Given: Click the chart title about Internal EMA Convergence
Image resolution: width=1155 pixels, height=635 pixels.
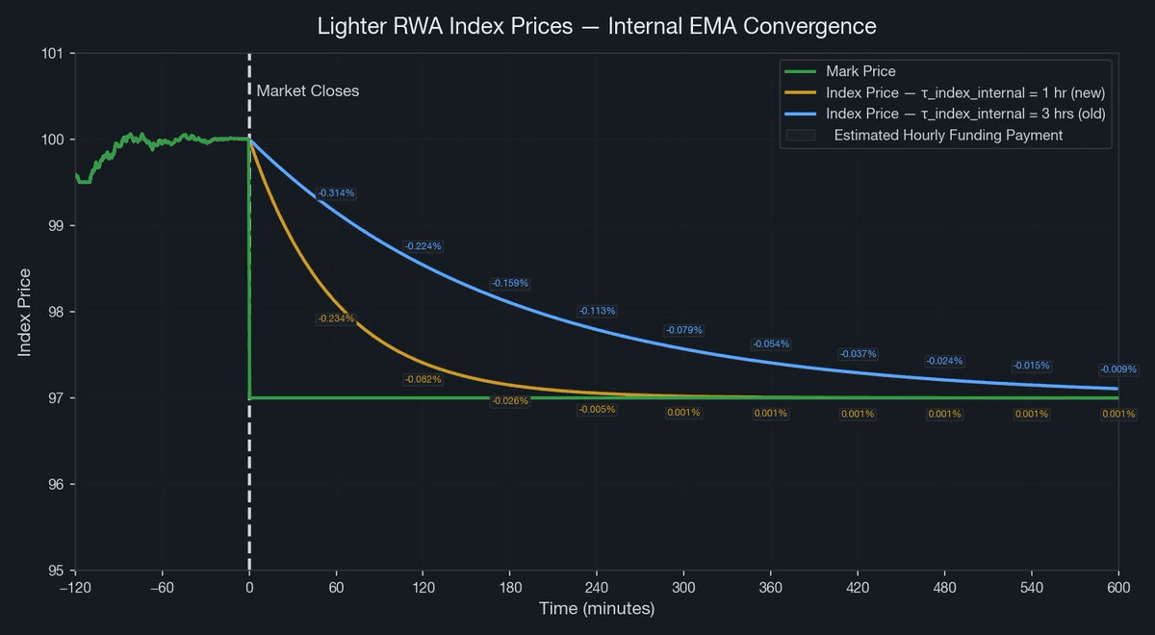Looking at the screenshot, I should coord(597,26).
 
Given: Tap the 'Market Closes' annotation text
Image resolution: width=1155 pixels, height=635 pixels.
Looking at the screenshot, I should coord(307,90).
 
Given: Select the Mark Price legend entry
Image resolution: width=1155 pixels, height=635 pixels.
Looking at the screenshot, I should coord(860,71).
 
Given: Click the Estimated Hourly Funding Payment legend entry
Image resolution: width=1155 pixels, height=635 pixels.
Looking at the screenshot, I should coord(948,135).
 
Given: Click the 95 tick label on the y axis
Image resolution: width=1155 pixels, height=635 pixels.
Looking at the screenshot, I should coord(57,571).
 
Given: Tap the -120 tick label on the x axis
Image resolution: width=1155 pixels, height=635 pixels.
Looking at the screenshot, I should coord(75,588).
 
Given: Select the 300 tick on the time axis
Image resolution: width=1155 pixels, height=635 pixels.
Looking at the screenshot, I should coord(683,588).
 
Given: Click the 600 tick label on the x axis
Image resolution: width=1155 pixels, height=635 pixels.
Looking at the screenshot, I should coord(1118,588).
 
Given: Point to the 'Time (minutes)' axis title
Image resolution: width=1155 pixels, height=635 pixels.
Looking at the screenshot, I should coord(597,609).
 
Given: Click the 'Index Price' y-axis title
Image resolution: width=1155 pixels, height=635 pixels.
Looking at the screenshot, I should coord(25,313).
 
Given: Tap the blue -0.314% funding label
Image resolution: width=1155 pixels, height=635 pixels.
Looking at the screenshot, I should coord(336,193).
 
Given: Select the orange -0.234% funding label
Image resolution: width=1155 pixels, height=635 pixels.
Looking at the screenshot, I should coord(336,318).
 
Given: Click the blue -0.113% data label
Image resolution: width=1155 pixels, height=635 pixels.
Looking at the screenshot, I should coord(597,311).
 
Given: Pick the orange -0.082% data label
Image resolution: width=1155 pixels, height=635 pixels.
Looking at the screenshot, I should coord(423,379).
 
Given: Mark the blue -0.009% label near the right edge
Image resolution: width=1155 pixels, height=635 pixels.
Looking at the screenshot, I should coord(1117,369).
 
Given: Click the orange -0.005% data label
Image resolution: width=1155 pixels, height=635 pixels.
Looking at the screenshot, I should coord(597,410).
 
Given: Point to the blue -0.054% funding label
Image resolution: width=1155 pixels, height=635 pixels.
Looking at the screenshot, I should coord(770,343).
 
